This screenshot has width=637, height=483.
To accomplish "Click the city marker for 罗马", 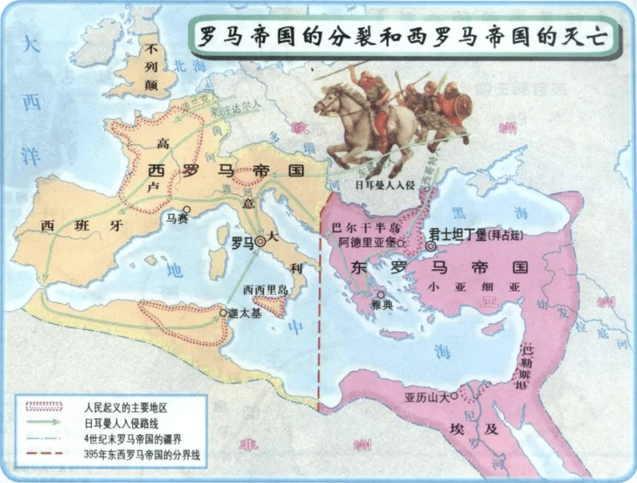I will coord(260,243).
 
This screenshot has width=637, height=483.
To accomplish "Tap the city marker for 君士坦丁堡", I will coord(431,246).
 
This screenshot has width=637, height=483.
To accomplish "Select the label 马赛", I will coord(177,219).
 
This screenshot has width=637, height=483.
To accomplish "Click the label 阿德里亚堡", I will coord(367,243).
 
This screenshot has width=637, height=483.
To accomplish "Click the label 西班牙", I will coord(82,226).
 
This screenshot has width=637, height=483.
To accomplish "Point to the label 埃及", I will coord(482,429).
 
